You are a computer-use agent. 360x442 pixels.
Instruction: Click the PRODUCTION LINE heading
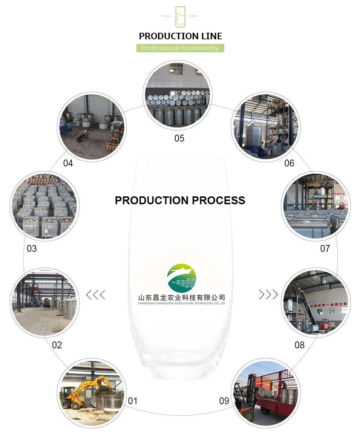(x=180, y=36)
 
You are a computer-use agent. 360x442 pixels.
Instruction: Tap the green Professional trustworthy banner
(x=180, y=48)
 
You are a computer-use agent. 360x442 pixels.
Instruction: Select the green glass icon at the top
(x=180, y=17)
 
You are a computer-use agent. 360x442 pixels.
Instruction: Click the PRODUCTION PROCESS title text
(x=180, y=200)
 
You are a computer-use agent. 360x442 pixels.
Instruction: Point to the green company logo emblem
(x=182, y=278)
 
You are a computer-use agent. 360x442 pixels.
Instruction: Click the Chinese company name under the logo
(x=182, y=298)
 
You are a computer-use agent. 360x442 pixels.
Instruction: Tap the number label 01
(x=133, y=401)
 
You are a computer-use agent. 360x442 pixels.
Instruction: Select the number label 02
(x=57, y=345)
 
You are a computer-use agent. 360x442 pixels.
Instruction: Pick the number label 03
(x=32, y=249)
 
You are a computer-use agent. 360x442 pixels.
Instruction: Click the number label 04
(x=68, y=163)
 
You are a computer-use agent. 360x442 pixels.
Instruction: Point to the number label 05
(x=179, y=138)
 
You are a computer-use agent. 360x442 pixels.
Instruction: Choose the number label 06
(x=289, y=163)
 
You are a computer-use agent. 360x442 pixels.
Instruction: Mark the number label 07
(x=325, y=249)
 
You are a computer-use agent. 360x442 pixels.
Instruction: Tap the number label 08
(x=300, y=345)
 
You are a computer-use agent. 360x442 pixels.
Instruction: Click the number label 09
(x=224, y=401)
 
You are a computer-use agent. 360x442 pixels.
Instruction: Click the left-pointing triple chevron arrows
(x=95, y=295)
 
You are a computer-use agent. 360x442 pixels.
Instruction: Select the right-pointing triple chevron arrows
(x=269, y=295)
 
